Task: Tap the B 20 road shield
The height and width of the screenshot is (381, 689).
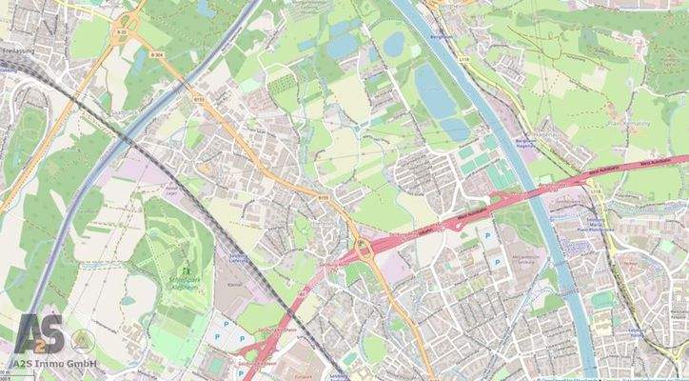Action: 121,33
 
